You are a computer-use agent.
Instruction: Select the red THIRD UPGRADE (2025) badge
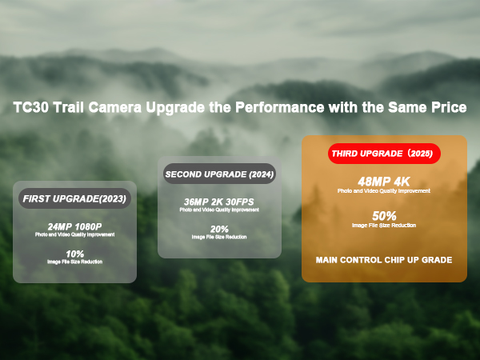pos(385,153)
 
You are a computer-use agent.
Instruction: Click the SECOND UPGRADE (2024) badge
pos(219,174)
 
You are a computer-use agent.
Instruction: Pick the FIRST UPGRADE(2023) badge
pos(74,198)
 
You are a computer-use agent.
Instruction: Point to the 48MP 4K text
pos(385,181)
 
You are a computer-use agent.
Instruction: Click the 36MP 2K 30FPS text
pos(219,202)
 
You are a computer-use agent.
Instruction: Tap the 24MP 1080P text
pos(74,226)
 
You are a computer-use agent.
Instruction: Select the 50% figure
pos(385,216)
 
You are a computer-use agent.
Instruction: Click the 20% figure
pos(219,230)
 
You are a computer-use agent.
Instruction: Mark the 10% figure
pos(74,254)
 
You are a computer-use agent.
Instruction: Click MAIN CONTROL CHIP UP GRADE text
pos(384,260)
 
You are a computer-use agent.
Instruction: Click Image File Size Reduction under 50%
pos(385,226)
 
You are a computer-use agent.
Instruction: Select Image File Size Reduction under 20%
pos(219,238)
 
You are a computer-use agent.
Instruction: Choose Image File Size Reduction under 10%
pos(74,262)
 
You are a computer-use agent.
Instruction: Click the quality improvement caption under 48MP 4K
pos(385,191)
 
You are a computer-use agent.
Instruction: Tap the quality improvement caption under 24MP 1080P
pos(74,235)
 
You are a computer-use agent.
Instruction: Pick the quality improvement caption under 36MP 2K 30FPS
pos(219,211)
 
